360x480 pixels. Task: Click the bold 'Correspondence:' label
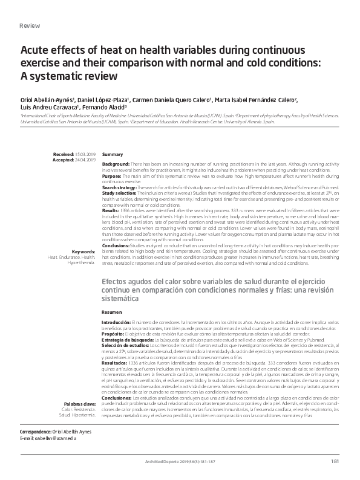[x=37, y=433]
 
